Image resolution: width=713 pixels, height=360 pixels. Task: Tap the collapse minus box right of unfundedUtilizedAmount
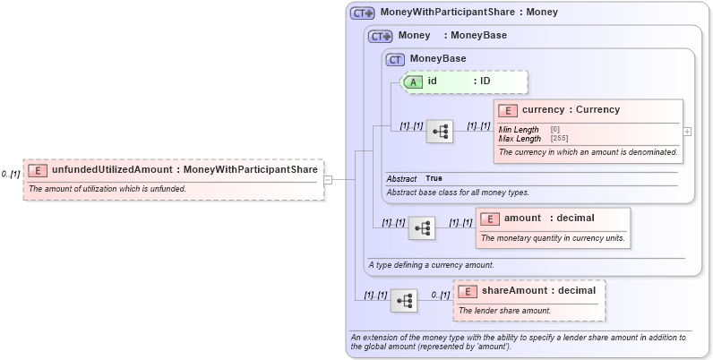point(328,179)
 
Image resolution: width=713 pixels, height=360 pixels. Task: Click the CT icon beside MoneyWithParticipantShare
point(362,13)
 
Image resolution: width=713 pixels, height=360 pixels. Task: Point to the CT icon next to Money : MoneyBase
point(381,36)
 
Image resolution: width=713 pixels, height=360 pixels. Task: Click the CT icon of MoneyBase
point(395,59)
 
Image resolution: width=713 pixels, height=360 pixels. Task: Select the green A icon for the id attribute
point(414,81)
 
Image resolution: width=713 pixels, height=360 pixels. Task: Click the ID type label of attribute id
point(485,81)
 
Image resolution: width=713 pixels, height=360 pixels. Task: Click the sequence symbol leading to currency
point(439,132)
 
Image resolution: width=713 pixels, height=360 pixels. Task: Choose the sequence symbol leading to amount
point(421,227)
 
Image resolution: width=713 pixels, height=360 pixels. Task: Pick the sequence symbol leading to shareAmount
point(403,300)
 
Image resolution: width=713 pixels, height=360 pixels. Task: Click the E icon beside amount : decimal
point(490,219)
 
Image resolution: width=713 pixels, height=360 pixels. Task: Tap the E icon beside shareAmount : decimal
point(468,291)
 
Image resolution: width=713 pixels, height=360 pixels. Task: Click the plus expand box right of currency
point(687,131)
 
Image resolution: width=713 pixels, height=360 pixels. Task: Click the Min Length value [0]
point(555,130)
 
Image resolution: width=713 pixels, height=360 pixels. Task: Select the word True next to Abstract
point(434,179)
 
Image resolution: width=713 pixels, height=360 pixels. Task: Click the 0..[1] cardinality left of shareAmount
point(440,295)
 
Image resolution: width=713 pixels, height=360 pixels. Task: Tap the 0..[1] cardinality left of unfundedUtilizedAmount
point(11,174)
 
